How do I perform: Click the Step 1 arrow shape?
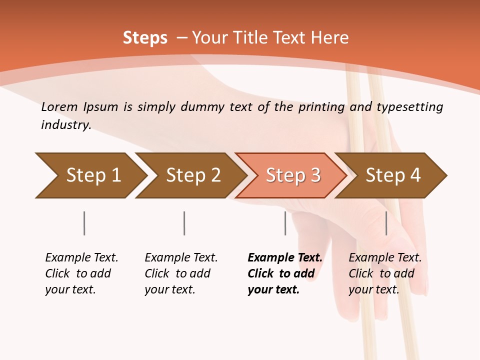click(90, 175)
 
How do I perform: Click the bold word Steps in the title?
click(145, 38)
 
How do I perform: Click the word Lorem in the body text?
click(59, 106)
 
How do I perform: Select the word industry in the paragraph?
click(65, 125)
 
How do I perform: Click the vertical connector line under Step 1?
click(84, 223)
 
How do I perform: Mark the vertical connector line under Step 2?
click(184, 223)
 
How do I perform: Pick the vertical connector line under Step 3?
click(285, 223)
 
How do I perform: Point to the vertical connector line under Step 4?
click(386, 223)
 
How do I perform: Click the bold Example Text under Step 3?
click(285, 258)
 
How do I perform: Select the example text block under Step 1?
click(81, 273)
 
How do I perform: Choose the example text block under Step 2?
click(180, 273)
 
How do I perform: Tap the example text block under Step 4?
click(384, 273)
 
